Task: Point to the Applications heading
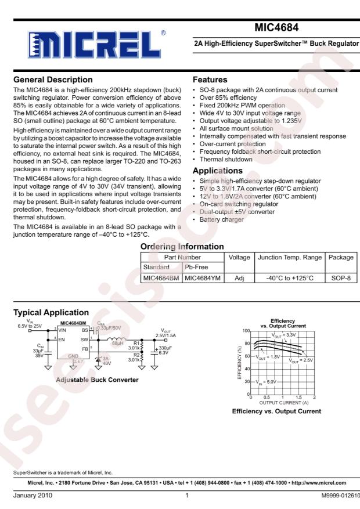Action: [x=218, y=172]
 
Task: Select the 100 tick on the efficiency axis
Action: [x=246, y=330]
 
